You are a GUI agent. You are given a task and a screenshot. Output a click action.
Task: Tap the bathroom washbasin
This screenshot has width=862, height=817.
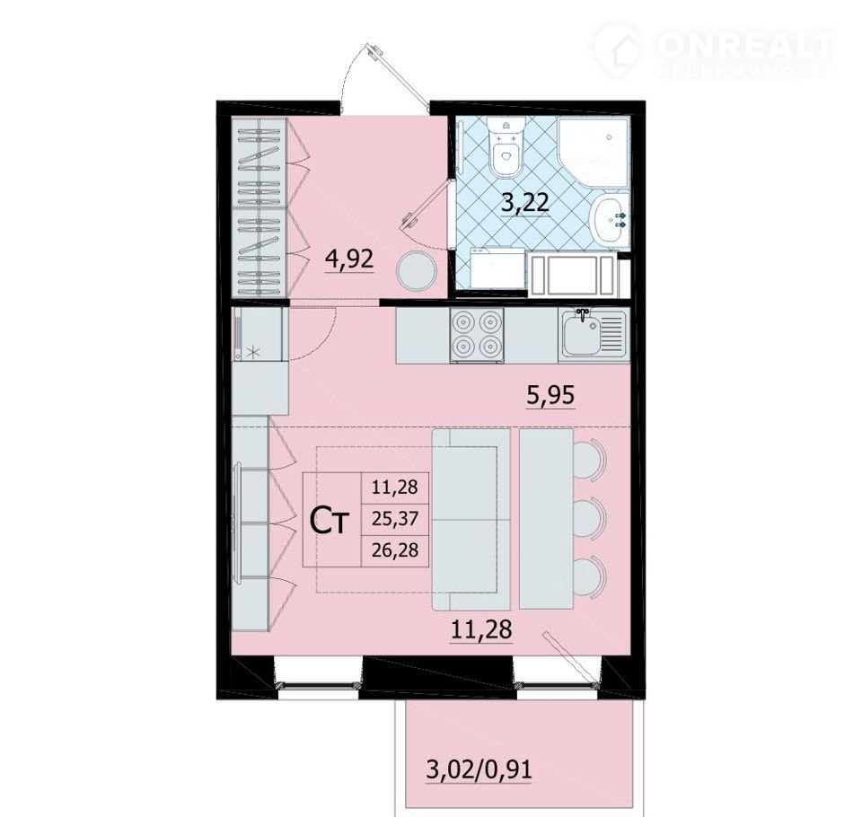[609, 217]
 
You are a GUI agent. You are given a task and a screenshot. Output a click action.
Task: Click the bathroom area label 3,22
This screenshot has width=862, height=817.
[524, 202]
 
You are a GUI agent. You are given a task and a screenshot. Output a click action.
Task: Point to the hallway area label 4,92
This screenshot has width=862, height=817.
[349, 259]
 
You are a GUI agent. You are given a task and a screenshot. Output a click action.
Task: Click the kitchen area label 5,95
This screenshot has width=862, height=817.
[550, 395]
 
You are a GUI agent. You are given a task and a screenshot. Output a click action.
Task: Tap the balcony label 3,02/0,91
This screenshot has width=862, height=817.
[479, 769]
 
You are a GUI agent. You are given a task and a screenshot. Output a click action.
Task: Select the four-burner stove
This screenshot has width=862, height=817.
[477, 335]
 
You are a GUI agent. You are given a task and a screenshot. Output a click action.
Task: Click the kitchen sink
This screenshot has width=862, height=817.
[594, 334]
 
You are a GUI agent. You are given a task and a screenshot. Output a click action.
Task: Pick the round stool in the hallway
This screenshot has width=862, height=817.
[418, 271]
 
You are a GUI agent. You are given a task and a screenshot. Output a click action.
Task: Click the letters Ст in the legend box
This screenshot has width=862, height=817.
[330, 521]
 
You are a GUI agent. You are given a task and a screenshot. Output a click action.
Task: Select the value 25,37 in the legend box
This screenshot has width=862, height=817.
[395, 518]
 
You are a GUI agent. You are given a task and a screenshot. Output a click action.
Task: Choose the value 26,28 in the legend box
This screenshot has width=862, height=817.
[395, 549]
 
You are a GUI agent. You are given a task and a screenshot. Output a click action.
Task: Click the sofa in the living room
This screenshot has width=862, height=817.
[471, 520]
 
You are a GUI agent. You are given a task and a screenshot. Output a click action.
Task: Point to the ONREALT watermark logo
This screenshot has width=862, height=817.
[715, 49]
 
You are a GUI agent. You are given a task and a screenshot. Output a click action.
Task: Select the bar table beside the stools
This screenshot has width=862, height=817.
[546, 518]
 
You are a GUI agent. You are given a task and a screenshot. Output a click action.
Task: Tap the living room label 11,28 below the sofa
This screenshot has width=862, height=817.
[481, 629]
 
